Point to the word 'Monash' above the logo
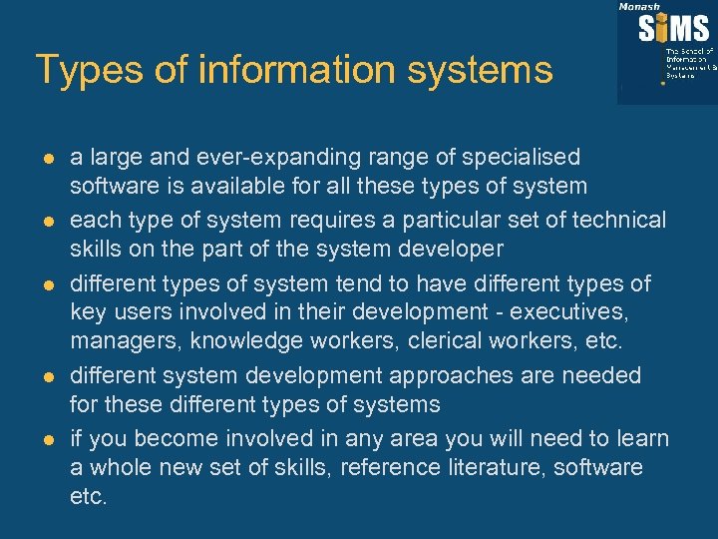639,6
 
